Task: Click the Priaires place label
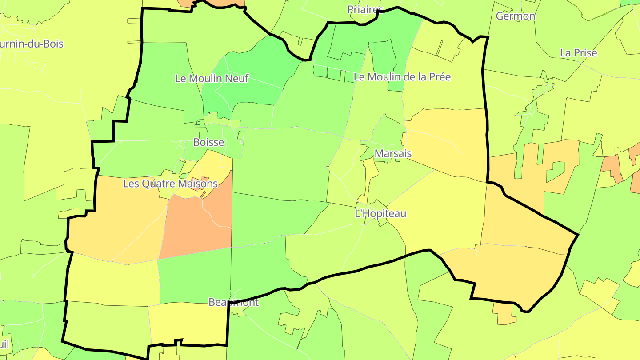pyautogui.click(x=365, y=10)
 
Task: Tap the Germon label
pyautogui.click(x=516, y=16)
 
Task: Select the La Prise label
pyautogui.click(x=578, y=53)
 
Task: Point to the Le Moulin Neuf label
pyautogui.click(x=212, y=79)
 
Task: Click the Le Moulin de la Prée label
pyautogui.click(x=402, y=77)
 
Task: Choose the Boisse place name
pyautogui.click(x=208, y=142)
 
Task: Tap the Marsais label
pyautogui.click(x=393, y=154)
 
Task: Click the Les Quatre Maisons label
pyautogui.click(x=170, y=184)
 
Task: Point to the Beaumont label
pyautogui.click(x=233, y=302)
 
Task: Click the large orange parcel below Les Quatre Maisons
pyautogui.click(x=198, y=227)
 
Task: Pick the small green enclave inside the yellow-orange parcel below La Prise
pyautogui.click(x=556, y=171)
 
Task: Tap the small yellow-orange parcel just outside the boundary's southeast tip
pyautogui.click(x=504, y=313)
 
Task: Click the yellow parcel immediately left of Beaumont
pyautogui.click(x=187, y=322)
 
